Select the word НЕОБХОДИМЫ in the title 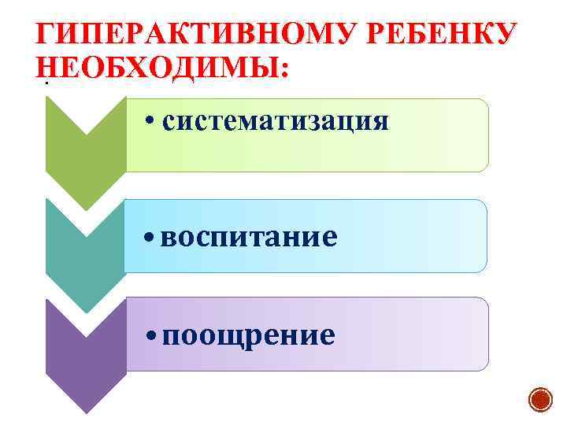(156, 66)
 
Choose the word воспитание (249, 235)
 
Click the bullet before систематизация (152, 123)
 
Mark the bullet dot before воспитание (149, 237)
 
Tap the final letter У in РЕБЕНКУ (506, 35)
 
